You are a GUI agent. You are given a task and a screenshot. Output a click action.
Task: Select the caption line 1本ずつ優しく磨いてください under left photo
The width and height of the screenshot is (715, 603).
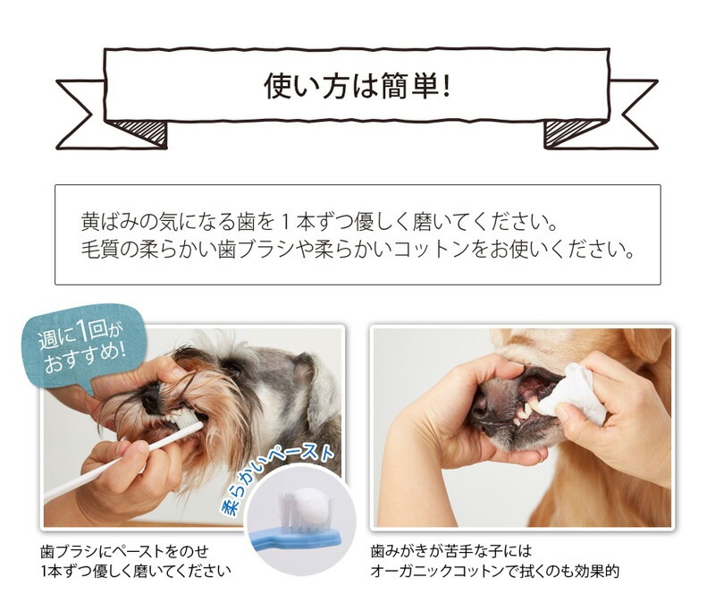(134, 571)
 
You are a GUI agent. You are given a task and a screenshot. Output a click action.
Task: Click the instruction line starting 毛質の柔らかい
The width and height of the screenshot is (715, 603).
(357, 250)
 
